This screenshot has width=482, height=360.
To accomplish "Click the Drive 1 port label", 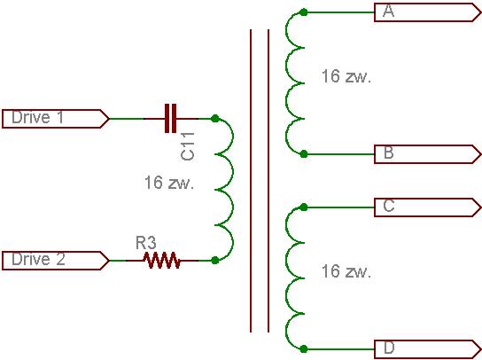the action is [55, 119].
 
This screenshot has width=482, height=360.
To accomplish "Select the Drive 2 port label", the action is [55, 261].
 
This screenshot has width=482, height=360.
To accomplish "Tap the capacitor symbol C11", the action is [171, 119].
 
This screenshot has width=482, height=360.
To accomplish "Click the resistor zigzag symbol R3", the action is [161, 261].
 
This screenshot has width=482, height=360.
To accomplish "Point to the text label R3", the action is [146, 243].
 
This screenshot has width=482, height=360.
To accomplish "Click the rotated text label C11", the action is [188, 146].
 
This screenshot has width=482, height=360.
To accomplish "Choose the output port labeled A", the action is [428, 12].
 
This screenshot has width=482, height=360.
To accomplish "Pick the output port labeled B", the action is [428, 154].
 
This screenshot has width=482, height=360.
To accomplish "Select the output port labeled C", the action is [428, 207].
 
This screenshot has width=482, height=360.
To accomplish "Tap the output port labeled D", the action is [428, 349].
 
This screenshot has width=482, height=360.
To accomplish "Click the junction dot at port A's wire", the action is [303, 12].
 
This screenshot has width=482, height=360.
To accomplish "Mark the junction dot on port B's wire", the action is [303, 154].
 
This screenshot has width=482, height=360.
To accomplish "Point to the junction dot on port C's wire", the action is [303, 207].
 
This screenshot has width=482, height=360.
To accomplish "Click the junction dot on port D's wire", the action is [303, 349].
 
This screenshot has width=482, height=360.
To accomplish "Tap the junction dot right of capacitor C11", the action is [215, 119].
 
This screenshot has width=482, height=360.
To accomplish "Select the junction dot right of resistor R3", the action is [215, 261].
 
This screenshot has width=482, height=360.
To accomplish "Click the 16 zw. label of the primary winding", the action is [169, 183].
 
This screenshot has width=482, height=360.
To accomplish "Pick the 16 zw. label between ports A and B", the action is [346, 76].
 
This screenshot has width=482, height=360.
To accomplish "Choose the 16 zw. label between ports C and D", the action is [346, 271].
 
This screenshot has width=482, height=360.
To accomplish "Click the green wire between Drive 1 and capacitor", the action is [127, 119].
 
